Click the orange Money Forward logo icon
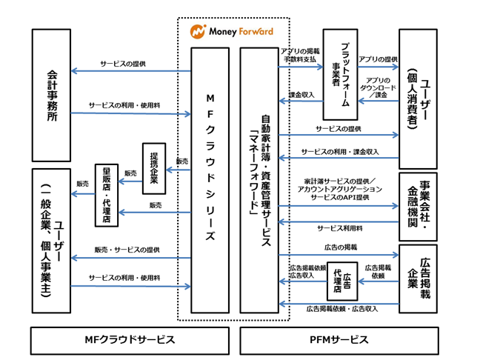pyautogui.click(x=198, y=32)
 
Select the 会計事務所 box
pyautogui.click(x=51, y=96)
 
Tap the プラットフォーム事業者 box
pyautogui.click(x=341, y=74)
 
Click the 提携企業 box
pyautogui.click(x=154, y=168)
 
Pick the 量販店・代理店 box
pyautogui.click(x=107, y=196)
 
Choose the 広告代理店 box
pyautogui.click(x=342, y=281)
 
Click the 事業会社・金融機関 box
pyautogui.click(x=419, y=207)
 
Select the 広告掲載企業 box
pyautogui.click(x=419, y=279)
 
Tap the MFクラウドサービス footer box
pyautogui.click(x=130, y=341)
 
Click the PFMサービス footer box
pyautogui.click(x=339, y=341)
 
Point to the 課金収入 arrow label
pyautogui.click(x=301, y=95)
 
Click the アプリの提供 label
pyautogui.click(x=378, y=59)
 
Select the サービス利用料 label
pyautogui.click(x=340, y=228)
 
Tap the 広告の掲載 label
pyautogui.click(x=341, y=247)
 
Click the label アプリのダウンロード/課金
pyautogui.click(x=378, y=87)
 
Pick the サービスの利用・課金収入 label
pyautogui.click(x=340, y=152)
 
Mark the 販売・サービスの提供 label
pyautogui.click(x=127, y=250)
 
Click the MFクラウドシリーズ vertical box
pyautogui.click(x=210, y=180)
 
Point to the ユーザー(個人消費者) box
pyautogui.click(x=419, y=99)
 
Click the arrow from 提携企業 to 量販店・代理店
pyautogui.click(x=130, y=181)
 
